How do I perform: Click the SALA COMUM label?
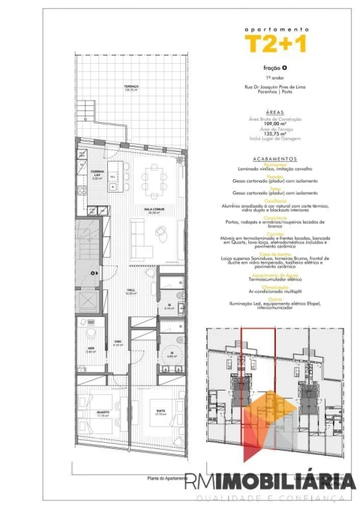point(155,211)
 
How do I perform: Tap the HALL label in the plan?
point(130,292)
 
